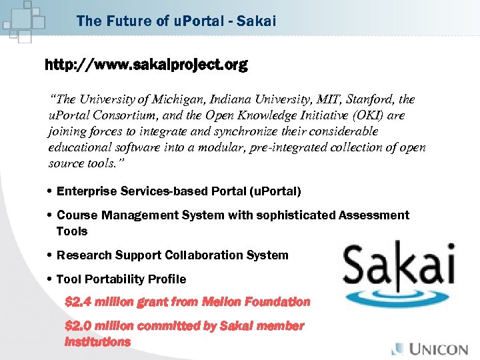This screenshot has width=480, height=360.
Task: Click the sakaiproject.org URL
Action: [x=146, y=65]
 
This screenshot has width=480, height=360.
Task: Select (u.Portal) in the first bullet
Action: [x=274, y=191]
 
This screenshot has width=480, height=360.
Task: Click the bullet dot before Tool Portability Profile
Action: [x=51, y=279]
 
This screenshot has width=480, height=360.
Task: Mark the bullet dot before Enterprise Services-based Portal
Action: [x=51, y=191]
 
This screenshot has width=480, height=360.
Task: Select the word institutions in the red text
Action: [x=97, y=342]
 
